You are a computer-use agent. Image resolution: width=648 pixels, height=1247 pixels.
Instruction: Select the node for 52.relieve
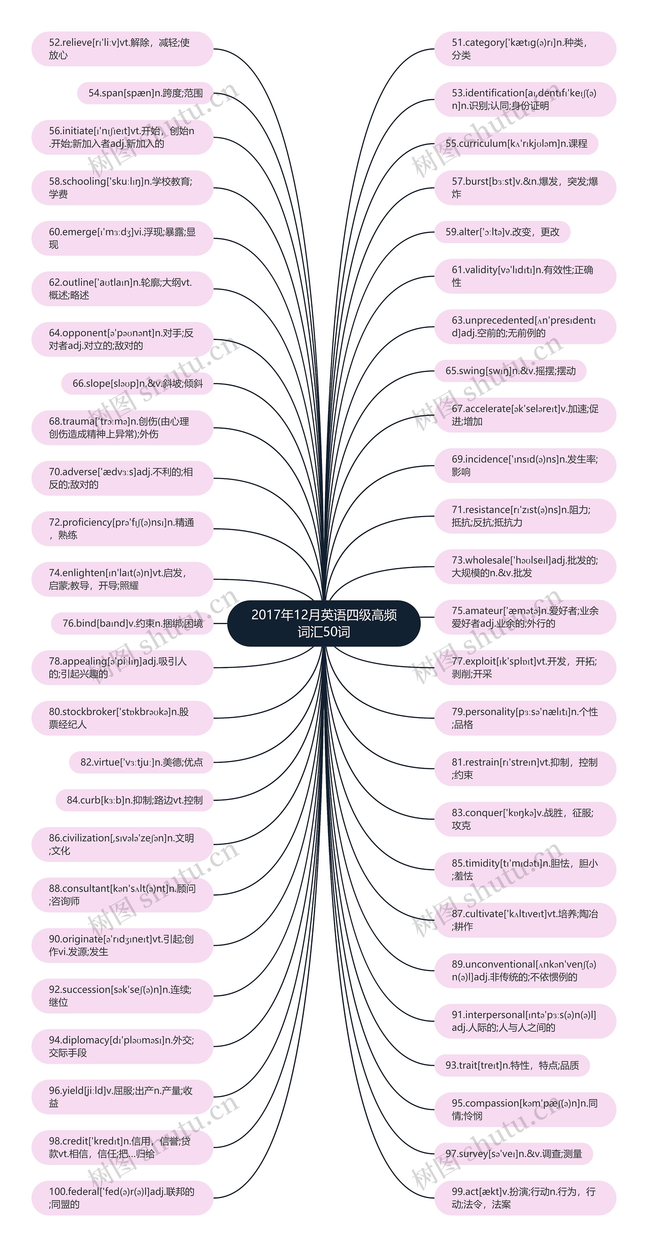click(122, 49)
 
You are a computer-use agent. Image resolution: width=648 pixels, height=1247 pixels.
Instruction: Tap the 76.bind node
click(132, 623)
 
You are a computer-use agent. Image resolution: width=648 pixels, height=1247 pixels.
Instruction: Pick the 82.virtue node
click(141, 762)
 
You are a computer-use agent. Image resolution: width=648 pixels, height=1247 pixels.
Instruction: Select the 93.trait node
click(512, 1065)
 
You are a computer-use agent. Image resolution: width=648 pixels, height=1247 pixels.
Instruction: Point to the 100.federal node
click(122, 1198)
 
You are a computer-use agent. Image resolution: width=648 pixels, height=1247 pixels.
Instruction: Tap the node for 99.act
click(525, 1198)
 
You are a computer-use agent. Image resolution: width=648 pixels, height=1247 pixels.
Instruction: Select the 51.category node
click(525, 49)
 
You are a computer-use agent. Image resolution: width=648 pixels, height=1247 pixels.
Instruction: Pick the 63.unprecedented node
click(525, 327)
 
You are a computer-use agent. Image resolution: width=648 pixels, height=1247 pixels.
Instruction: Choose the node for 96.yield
click(122, 1097)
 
